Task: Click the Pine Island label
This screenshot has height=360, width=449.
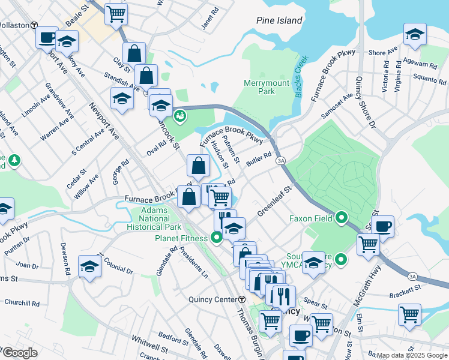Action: (279, 20)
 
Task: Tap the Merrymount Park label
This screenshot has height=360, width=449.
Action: (259, 87)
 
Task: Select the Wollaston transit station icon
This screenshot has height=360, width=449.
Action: (35, 26)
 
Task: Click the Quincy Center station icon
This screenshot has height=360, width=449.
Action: (242, 299)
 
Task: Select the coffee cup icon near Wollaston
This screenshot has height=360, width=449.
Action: (47, 38)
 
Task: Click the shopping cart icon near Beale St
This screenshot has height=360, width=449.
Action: (116, 13)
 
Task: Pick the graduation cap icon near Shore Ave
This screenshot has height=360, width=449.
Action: (414, 35)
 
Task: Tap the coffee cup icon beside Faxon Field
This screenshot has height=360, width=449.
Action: (382, 226)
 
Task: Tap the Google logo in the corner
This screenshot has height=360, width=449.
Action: (19, 353)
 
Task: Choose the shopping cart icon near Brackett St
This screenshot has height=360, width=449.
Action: (409, 314)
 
